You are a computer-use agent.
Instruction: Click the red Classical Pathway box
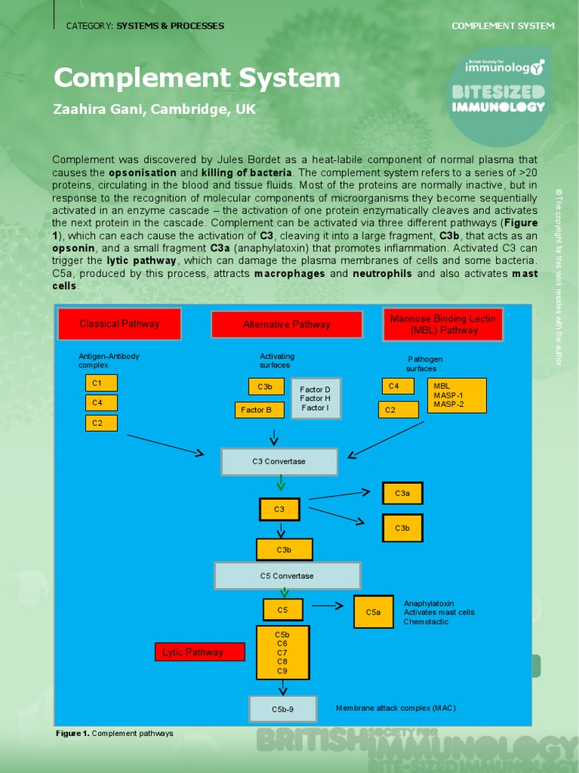click(x=119, y=324)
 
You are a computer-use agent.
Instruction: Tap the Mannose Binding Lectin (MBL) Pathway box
click(x=443, y=325)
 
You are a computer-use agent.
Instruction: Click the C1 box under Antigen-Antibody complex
click(x=101, y=383)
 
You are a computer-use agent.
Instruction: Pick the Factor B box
click(x=259, y=410)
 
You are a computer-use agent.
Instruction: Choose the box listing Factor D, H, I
click(x=315, y=399)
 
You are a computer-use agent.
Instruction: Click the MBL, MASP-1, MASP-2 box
click(x=457, y=396)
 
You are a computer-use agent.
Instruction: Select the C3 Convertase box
click(x=279, y=461)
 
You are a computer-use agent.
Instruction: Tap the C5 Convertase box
click(x=286, y=576)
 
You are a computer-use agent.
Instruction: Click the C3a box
click(x=403, y=494)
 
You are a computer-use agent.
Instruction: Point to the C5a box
click(x=373, y=612)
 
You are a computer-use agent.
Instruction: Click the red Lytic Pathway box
click(x=200, y=652)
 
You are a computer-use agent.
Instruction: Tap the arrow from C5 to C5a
click(x=328, y=605)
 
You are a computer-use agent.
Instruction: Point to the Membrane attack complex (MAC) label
click(x=396, y=708)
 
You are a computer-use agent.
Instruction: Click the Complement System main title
click(x=197, y=78)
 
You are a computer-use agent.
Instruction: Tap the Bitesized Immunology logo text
click(x=498, y=99)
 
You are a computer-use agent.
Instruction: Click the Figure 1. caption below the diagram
click(x=115, y=733)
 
